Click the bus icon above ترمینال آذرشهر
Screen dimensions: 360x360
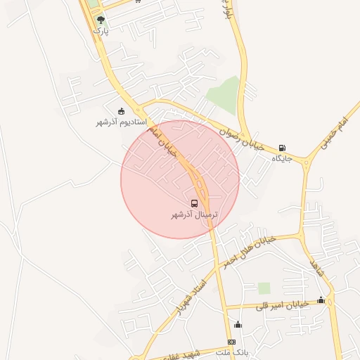pyautogui.click(x=195, y=204)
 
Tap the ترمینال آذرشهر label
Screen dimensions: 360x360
pyautogui.click(x=195, y=214)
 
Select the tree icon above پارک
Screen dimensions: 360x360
pyautogui.click(x=101, y=20)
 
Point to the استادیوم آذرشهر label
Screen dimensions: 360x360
pyautogui.click(x=121, y=122)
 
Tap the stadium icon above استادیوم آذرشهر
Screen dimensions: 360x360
pyautogui.click(x=121, y=111)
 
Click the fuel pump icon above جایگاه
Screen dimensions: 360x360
pyautogui.click(x=282, y=148)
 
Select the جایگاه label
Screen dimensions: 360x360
pyautogui.click(x=282, y=158)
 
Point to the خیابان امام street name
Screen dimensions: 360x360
pyautogui.click(x=161, y=136)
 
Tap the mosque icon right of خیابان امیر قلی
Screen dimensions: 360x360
pyautogui.click(x=321, y=300)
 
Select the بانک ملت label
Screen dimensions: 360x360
pyautogui.click(x=232, y=351)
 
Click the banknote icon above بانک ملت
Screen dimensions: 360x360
pyautogui.click(x=232, y=342)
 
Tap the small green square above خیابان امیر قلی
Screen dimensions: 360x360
pyautogui.click(x=264, y=288)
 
